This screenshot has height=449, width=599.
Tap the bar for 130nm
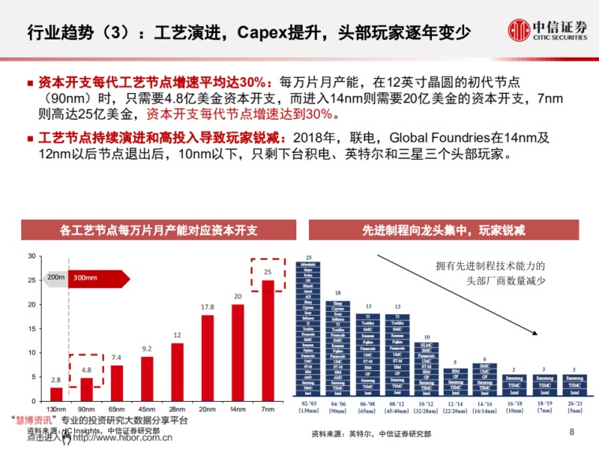pyautogui.click(x=56, y=395)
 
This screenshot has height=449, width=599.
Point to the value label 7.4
pyautogui.click(x=116, y=358)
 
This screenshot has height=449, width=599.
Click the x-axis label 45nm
pyautogui.click(x=147, y=410)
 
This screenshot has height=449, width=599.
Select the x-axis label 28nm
pyautogui.click(x=177, y=410)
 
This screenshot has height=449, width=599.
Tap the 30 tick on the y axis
pyautogui.click(x=32, y=256)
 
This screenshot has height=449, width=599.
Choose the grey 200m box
pyautogui.click(x=55, y=278)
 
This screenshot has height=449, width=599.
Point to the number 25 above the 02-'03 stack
pyautogui.click(x=310, y=259)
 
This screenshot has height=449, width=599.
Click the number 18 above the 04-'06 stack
pyautogui.click(x=338, y=293)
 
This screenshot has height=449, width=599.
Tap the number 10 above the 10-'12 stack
pyautogui.click(x=426, y=336)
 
